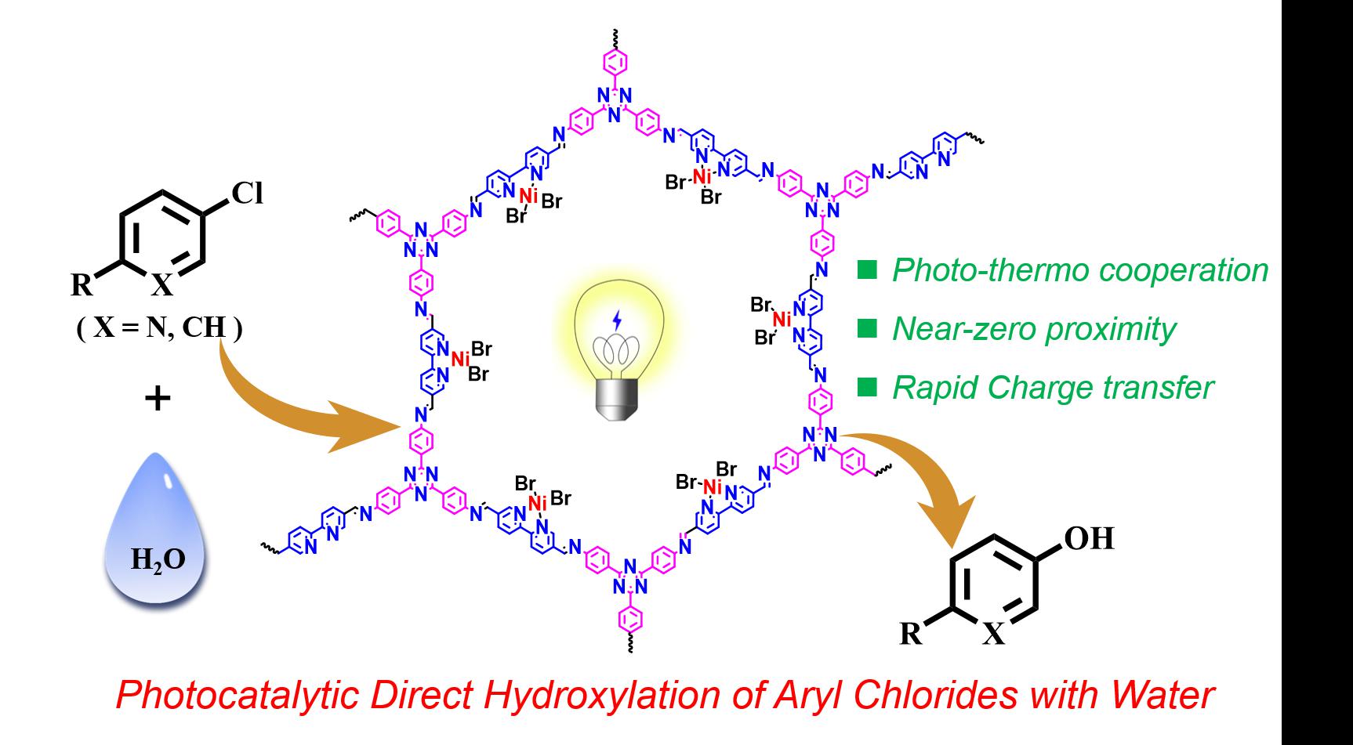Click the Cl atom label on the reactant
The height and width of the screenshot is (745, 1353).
[x=247, y=193]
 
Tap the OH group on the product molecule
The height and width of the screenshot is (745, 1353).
[x=1088, y=539]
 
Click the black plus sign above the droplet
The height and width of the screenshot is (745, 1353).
[x=158, y=400]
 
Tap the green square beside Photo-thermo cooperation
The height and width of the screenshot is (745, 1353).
[x=868, y=270]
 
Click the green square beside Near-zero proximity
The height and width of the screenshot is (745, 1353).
[x=868, y=329]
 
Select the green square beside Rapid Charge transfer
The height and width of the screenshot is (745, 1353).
[x=868, y=387]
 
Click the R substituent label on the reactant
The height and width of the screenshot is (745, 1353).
[x=82, y=285]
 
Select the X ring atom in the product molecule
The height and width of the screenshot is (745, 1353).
[x=993, y=634]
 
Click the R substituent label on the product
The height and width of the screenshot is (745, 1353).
[x=911, y=633]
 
